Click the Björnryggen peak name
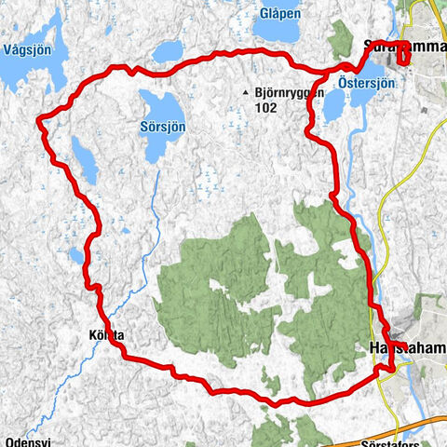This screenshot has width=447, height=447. tap(288, 92)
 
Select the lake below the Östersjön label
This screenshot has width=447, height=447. tap(333, 105)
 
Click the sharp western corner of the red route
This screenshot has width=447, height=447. tap(38, 118)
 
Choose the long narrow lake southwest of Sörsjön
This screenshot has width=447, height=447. tap(84, 160)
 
